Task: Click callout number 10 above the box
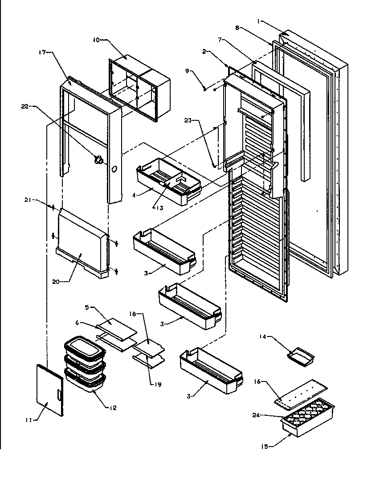[x=96, y=40]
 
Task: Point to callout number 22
[x=24, y=106]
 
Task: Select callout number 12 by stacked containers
[x=113, y=407]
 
